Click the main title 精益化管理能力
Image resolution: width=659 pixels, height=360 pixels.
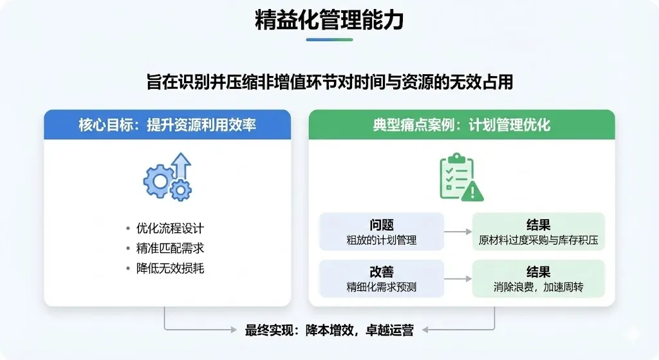coord(329,21)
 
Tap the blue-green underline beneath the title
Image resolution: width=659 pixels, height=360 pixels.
coord(329,40)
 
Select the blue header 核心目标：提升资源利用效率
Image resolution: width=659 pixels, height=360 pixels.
coord(167,124)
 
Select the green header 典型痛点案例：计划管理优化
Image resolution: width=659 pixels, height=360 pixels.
coord(461,124)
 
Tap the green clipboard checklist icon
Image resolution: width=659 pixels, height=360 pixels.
coord(456,175)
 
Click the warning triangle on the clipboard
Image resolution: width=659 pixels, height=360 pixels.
coord(473,191)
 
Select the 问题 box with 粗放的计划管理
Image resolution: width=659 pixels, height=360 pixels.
coord(382,232)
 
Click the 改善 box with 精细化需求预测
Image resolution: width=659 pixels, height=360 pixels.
coord(382,279)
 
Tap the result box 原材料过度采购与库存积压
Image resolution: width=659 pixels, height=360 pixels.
coord(539,232)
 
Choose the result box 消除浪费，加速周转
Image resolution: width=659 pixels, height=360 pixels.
coord(539,279)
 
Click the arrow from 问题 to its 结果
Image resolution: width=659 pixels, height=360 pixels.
coord(458,232)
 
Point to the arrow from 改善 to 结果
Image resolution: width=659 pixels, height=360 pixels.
coord(458,279)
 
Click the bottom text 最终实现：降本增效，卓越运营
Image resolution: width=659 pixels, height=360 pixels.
coord(329,330)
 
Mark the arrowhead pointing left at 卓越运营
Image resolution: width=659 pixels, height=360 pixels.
coord(426,330)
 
